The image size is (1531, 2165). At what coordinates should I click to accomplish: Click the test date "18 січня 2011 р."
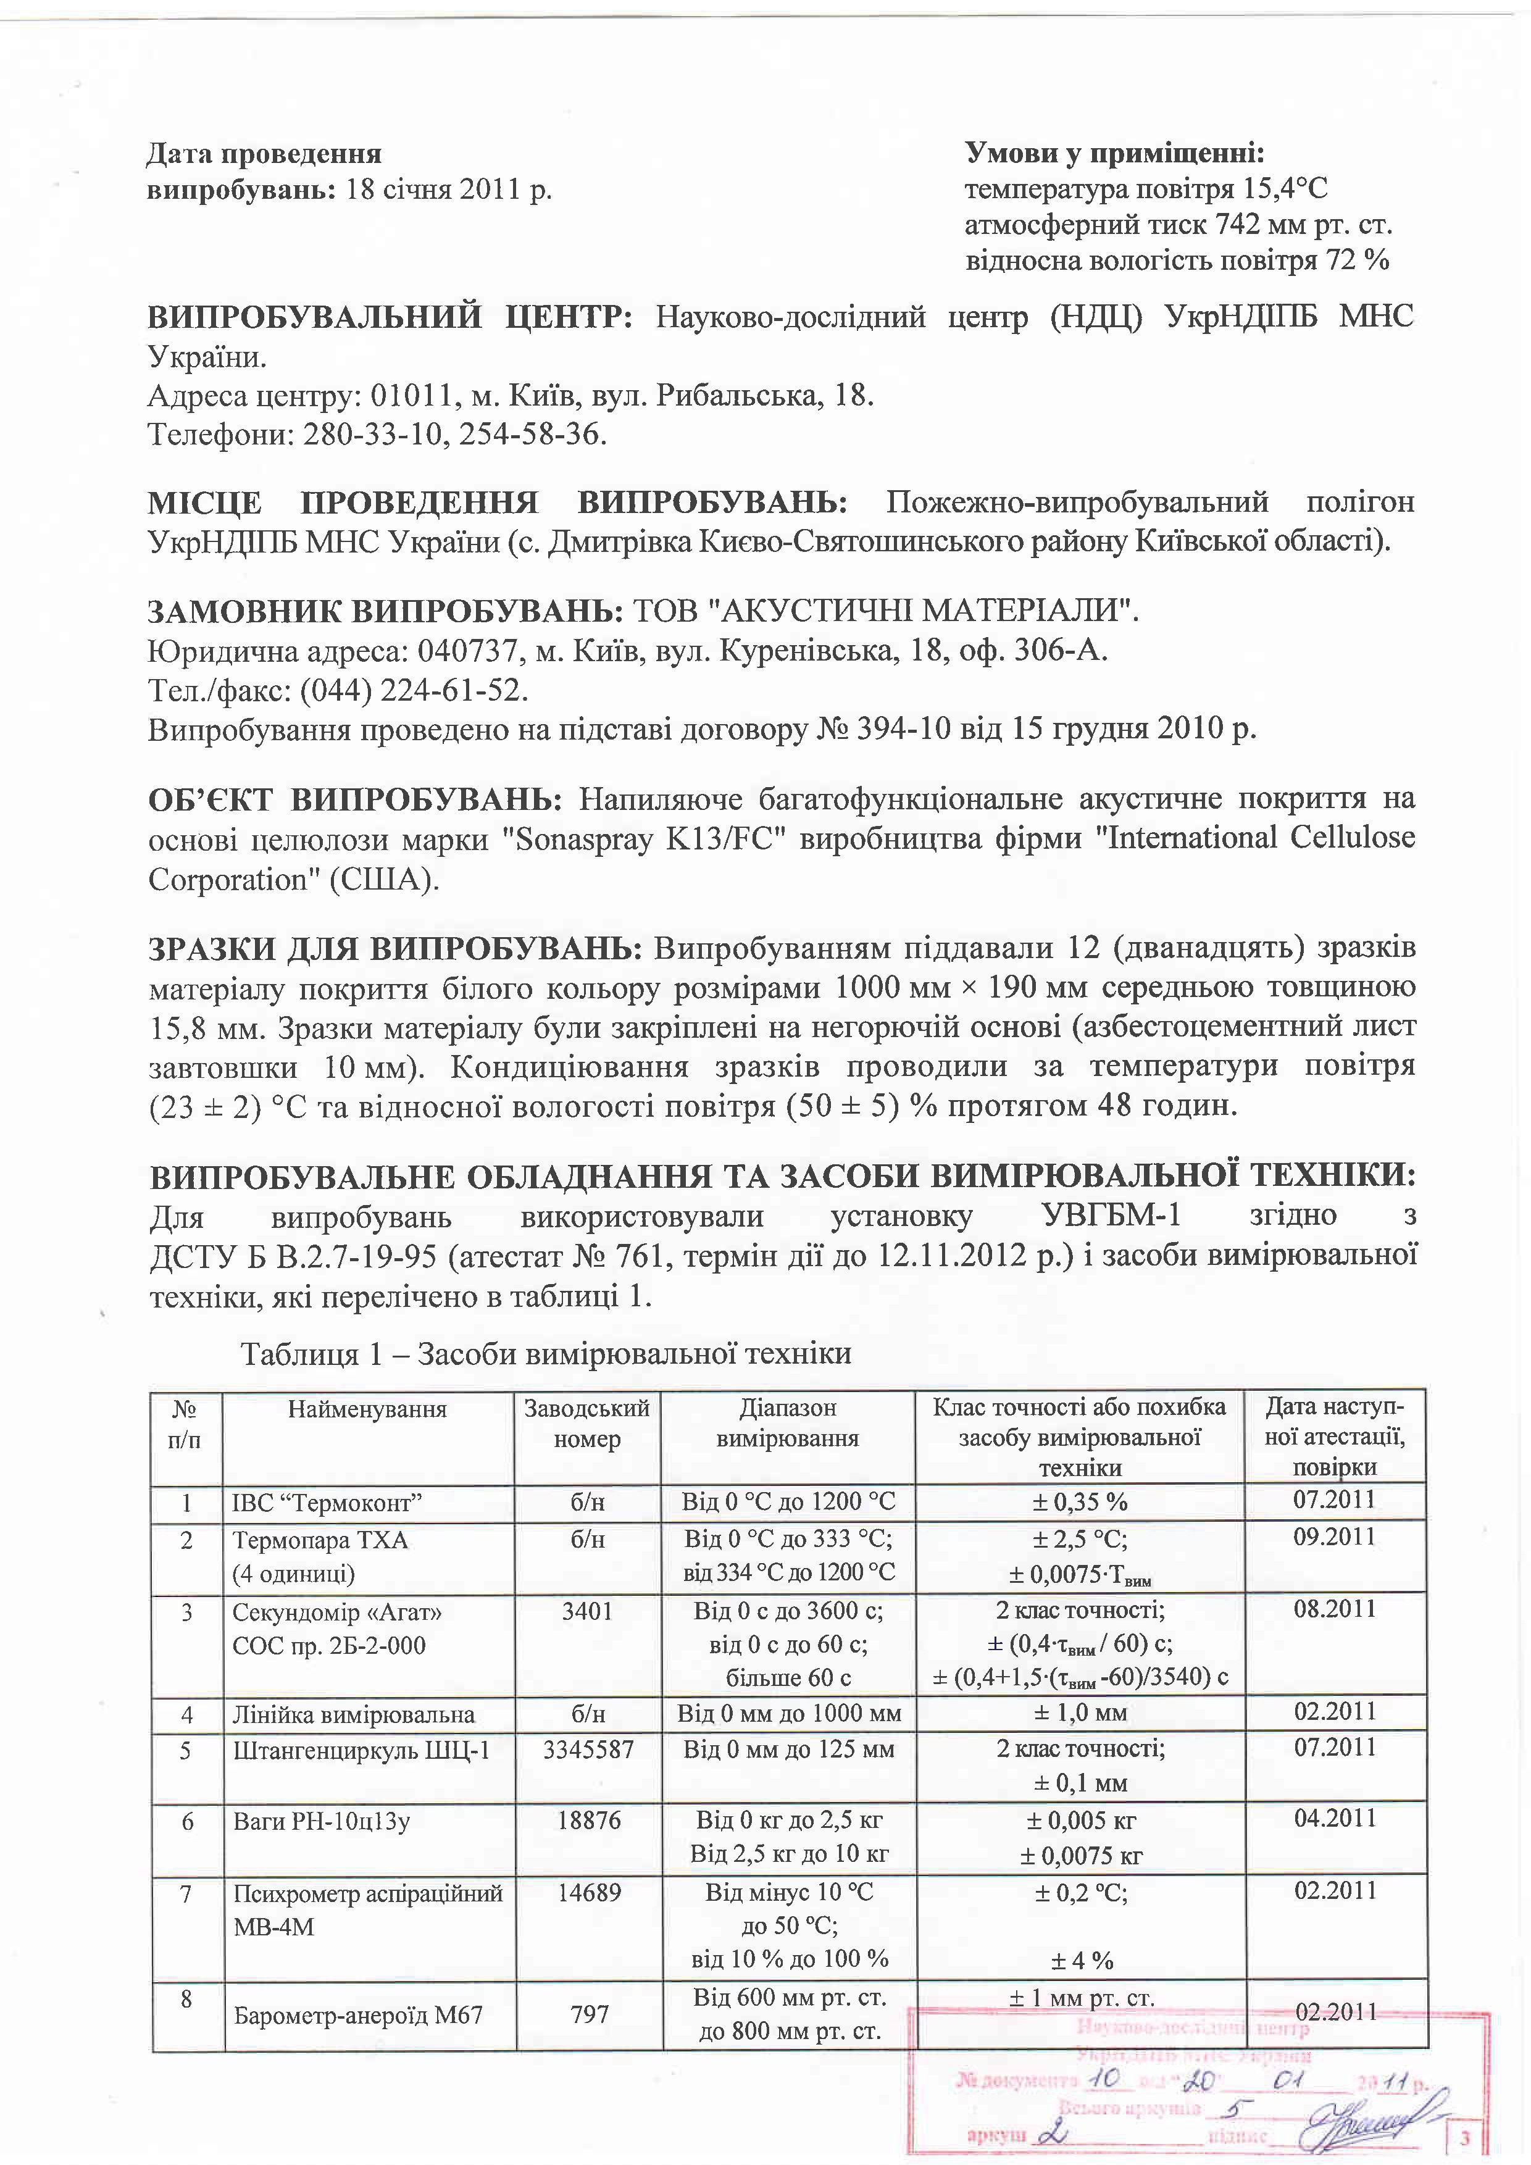click(x=449, y=190)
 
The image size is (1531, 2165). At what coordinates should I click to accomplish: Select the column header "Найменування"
click(x=368, y=1410)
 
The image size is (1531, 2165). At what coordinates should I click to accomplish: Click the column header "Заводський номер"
click(x=587, y=1424)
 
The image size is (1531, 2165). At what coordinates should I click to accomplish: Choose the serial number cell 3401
click(x=587, y=1611)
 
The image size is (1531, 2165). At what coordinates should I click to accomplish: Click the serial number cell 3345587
click(x=588, y=1750)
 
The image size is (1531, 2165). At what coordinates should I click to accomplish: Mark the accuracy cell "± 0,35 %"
click(x=1080, y=1502)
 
